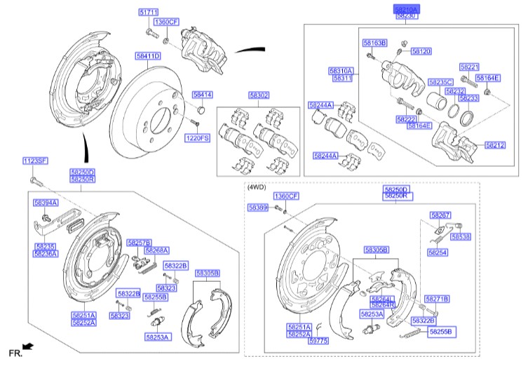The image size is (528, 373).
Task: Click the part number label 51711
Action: point(149,13)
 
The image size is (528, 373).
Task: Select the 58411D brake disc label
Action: point(148,55)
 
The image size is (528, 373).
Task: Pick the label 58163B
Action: point(374,43)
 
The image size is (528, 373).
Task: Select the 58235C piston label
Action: point(441,82)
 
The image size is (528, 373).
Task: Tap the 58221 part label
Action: point(469,67)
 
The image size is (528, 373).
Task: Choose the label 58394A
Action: point(46,202)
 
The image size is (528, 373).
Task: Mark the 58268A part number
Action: point(157,250)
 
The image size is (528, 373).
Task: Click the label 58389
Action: point(257,208)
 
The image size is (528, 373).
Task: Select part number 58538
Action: point(461,237)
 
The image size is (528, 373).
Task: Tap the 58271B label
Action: point(437,299)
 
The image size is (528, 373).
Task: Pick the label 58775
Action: point(318,341)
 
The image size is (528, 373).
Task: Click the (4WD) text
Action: point(257,187)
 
